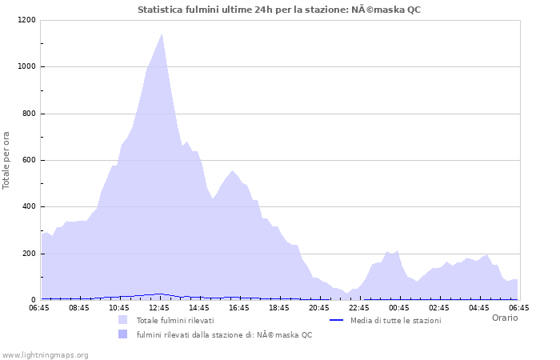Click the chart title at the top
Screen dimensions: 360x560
click(x=279, y=10)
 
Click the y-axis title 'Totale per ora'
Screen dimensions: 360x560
click(x=7, y=160)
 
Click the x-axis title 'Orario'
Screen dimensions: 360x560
click(x=504, y=318)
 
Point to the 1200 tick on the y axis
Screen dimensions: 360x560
click(x=26, y=20)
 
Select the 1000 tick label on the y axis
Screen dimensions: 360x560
click(x=26, y=67)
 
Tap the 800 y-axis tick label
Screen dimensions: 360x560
click(x=29, y=114)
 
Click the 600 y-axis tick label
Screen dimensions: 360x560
click(x=29, y=160)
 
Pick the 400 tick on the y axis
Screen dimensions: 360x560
click(x=29, y=207)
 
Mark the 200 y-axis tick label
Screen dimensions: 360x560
click(x=29, y=254)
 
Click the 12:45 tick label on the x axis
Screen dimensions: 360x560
click(x=159, y=307)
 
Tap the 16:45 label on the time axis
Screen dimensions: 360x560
click(x=239, y=307)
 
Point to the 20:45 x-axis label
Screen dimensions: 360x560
click(x=319, y=307)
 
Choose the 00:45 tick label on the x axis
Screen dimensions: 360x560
click(x=399, y=307)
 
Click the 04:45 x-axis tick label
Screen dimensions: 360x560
click(x=479, y=307)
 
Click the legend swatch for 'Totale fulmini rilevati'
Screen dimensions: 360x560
click(x=122, y=320)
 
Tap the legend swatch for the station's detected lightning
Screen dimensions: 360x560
click(x=122, y=334)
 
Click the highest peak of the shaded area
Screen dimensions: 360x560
click(x=162, y=34)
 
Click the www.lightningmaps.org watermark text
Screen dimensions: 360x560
click(x=45, y=354)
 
